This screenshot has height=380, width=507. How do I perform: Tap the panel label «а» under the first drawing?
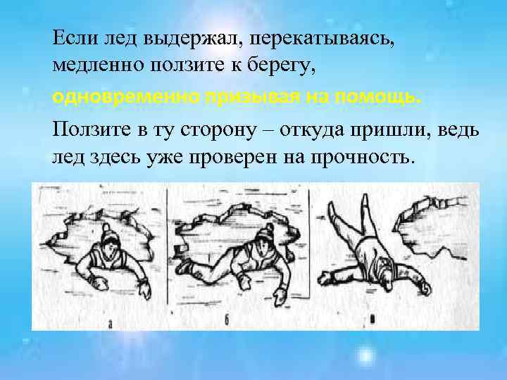pos(111,324)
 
